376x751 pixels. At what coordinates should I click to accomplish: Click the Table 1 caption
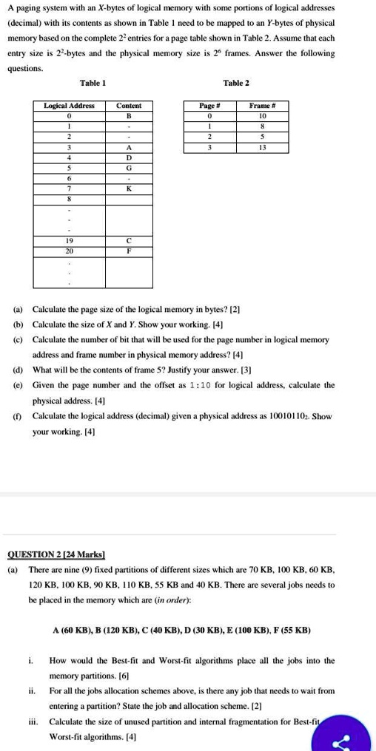point(93,83)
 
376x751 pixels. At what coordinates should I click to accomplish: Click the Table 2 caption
point(236,83)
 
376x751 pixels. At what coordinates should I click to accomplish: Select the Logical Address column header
point(70,106)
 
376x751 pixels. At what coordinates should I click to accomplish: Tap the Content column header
point(129,106)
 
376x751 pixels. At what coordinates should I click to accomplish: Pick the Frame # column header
point(263,106)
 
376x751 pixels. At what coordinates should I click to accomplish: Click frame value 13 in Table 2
point(263,147)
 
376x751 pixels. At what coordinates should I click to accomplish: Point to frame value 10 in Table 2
point(263,116)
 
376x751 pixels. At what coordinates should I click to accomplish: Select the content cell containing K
point(129,188)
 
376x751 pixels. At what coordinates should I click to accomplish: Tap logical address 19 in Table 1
point(70,241)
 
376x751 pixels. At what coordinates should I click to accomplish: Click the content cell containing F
point(129,251)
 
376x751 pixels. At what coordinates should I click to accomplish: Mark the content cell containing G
point(129,168)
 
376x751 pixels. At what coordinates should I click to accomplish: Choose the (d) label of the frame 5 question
point(18,367)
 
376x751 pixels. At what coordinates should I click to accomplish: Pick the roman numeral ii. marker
point(32,690)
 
